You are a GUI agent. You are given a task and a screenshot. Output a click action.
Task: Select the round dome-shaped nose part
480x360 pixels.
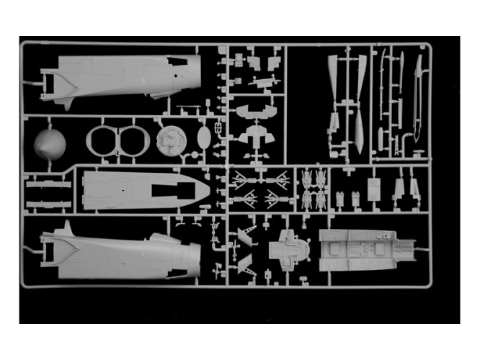pos(50,144)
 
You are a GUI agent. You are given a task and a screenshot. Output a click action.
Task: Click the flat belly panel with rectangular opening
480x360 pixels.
pos(141,189)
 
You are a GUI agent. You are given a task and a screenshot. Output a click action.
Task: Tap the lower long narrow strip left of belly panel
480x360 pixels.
pos(48,202)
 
